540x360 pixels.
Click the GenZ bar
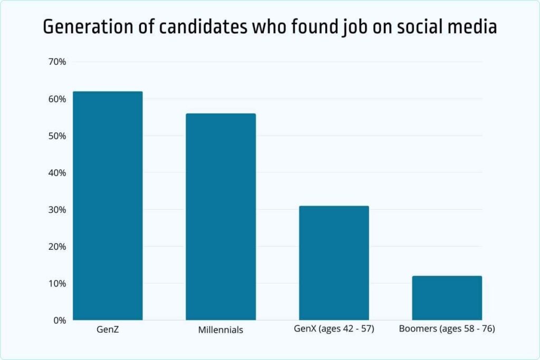pos(108,206)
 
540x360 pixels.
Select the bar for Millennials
pos(220,217)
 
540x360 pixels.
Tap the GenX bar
pos(334,262)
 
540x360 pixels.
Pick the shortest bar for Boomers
pos(447,298)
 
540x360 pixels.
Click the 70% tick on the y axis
pos(56,62)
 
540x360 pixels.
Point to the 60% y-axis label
pos(56,99)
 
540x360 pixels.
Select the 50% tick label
pos(56,136)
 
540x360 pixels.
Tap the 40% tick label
pos(56,173)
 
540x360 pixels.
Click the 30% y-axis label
pos(56,210)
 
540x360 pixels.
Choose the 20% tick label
pos(56,247)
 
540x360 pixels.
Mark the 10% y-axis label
pos(56,284)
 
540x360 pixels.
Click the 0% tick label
pos(59,320)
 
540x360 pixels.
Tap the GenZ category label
pos(108,330)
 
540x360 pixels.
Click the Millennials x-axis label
pos(220,330)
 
